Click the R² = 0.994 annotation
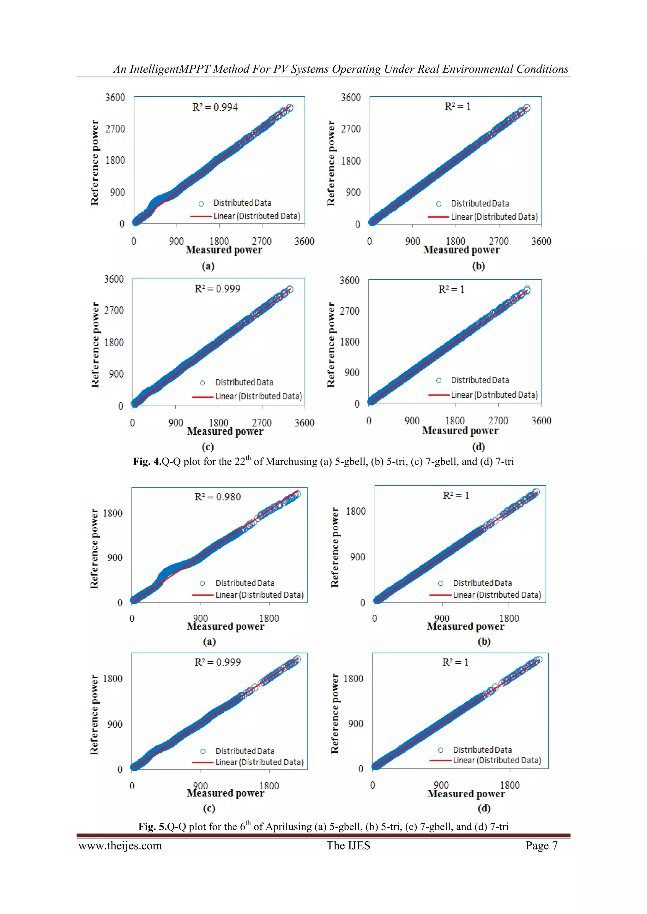215,107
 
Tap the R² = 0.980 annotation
218,497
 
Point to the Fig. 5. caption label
153,827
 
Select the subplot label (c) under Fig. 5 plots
209,808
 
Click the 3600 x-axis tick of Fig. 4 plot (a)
304,241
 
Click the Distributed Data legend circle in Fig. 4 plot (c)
203,383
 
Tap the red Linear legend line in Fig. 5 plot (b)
440,595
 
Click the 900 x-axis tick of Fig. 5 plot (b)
442,618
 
